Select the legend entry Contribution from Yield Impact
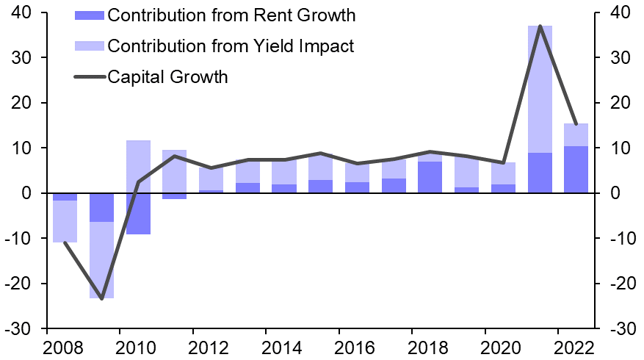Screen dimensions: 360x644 point(231,46)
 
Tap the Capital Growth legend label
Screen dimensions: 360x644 point(167,76)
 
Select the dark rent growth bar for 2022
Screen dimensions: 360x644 point(576,170)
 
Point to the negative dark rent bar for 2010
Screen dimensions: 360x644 point(138,214)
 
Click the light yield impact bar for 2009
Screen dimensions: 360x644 point(101,260)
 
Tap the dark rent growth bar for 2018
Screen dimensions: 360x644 point(430,177)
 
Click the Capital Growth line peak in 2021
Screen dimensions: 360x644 point(540,26)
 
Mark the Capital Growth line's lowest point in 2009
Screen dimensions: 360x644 point(101,298)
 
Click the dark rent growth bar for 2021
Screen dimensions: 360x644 point(540,173)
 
